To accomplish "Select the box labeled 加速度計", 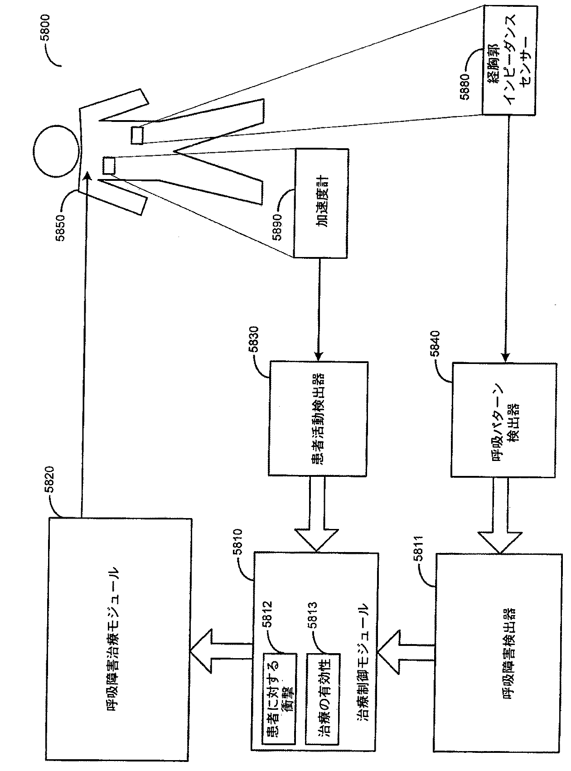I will (x=321, y=203).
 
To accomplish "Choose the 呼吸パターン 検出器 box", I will (x=504, y=419).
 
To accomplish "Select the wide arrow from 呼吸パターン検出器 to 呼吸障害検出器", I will (x=500, y=519).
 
